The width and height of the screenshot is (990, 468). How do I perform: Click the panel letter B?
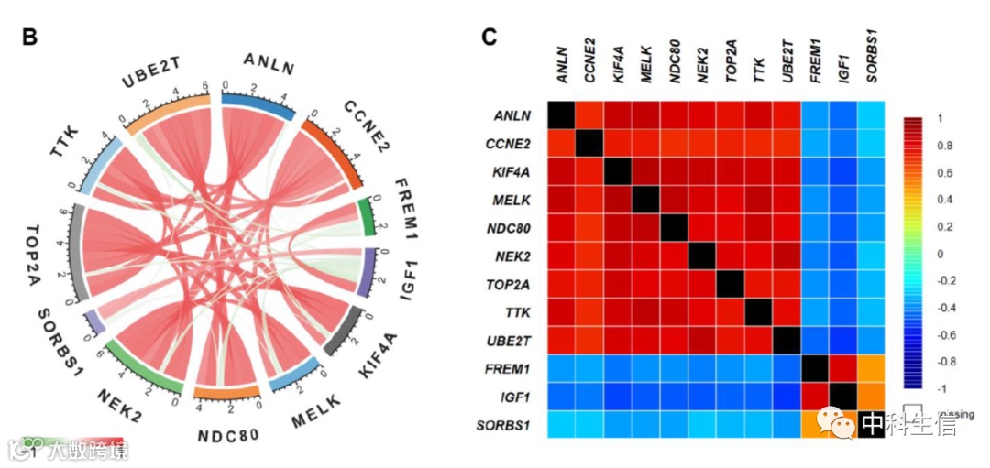click(29, 38)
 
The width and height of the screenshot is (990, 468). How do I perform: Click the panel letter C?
click(489, 38)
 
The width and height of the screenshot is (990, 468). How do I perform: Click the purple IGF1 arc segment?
click(368, 272)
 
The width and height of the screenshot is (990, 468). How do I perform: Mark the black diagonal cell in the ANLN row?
click(561, 115)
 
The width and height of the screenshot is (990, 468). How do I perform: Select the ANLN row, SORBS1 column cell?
click(870, 115)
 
